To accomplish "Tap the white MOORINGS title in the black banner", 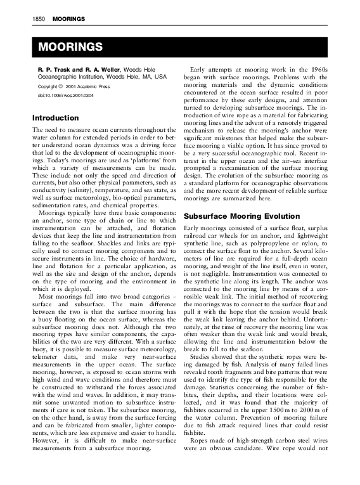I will coord(70,48).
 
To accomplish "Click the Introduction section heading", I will coord(55,118).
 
